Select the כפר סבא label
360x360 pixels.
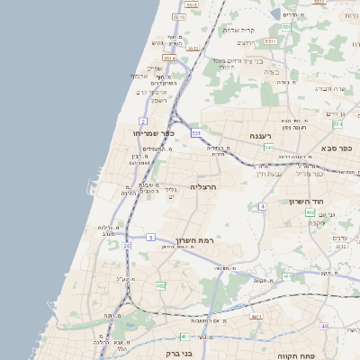[337, 148]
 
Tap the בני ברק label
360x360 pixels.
[183, 353]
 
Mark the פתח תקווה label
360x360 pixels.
[295, 355]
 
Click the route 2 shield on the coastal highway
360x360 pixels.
[143, 121]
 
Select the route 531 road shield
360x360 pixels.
[196, 133]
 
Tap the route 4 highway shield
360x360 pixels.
[263, 206]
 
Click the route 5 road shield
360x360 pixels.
[151, 237]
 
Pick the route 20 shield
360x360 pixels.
[127, 245]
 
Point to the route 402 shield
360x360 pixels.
[310, 212]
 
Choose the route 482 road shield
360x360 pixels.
[160, 285]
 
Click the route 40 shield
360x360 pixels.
[324, 326]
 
